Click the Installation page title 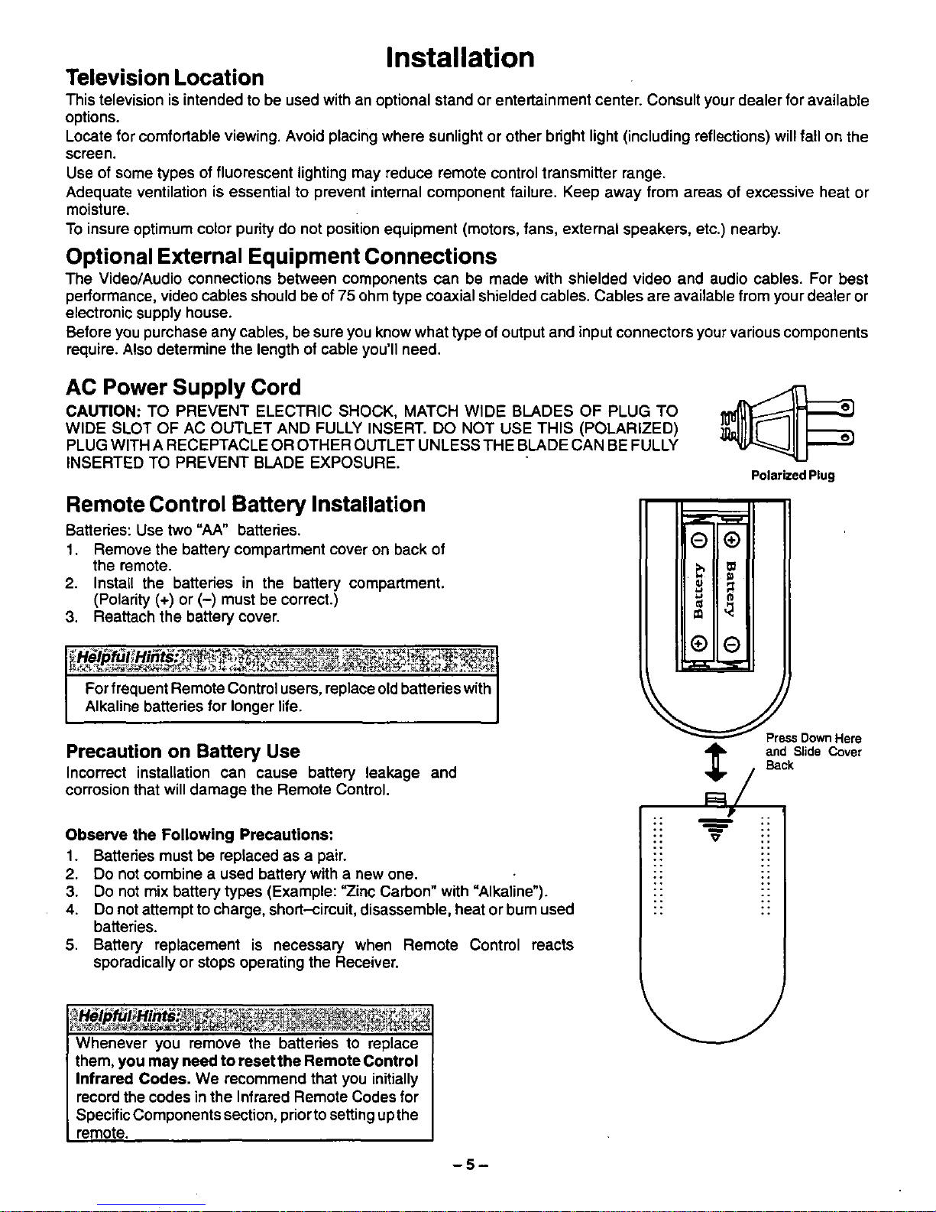[460, 57]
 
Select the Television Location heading [164, 78]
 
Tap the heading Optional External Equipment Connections [281, 256]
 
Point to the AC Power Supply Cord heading [183, 387]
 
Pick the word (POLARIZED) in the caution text [629, 428]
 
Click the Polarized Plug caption [792, 475]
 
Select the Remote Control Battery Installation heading [245, 505]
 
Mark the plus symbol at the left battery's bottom [696, 644]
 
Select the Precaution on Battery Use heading [183, 751]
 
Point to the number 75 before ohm [348, 296]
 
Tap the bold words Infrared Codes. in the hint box [133, 1079]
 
